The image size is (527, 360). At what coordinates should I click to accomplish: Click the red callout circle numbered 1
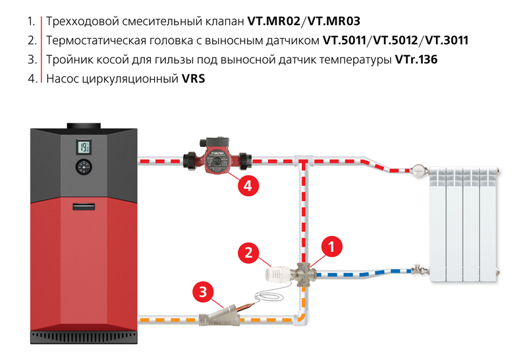(x=332, y=247)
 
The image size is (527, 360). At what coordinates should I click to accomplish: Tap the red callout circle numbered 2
(x=248, y=252)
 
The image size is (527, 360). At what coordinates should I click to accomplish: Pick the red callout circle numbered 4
(x=247, y=186)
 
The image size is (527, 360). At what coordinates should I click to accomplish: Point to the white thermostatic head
(x=277, y=272)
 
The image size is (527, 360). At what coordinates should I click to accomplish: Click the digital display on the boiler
(x=84, y=146)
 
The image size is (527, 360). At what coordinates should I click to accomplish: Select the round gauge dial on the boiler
(x=84, y=167)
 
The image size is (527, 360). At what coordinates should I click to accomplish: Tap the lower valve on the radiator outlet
(x=418, y=270)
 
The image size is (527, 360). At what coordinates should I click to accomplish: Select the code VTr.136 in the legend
(x=416, y=59)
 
